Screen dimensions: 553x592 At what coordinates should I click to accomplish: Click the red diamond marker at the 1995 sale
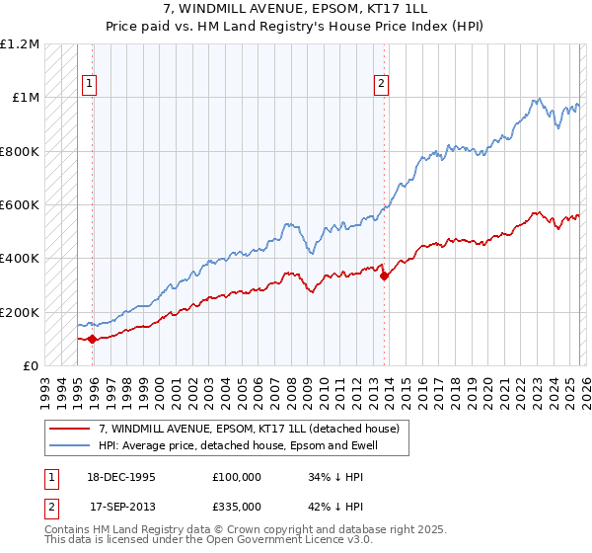93,339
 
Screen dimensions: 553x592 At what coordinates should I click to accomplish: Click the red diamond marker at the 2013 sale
384,276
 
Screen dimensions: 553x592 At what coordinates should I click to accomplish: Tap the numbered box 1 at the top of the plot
89,85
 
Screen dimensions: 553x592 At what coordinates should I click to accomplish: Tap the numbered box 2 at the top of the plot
380,85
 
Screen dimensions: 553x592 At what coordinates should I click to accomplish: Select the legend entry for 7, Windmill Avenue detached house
249,429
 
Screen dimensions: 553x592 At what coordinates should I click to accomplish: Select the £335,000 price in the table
236,506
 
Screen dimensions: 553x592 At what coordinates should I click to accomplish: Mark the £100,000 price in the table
236,477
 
